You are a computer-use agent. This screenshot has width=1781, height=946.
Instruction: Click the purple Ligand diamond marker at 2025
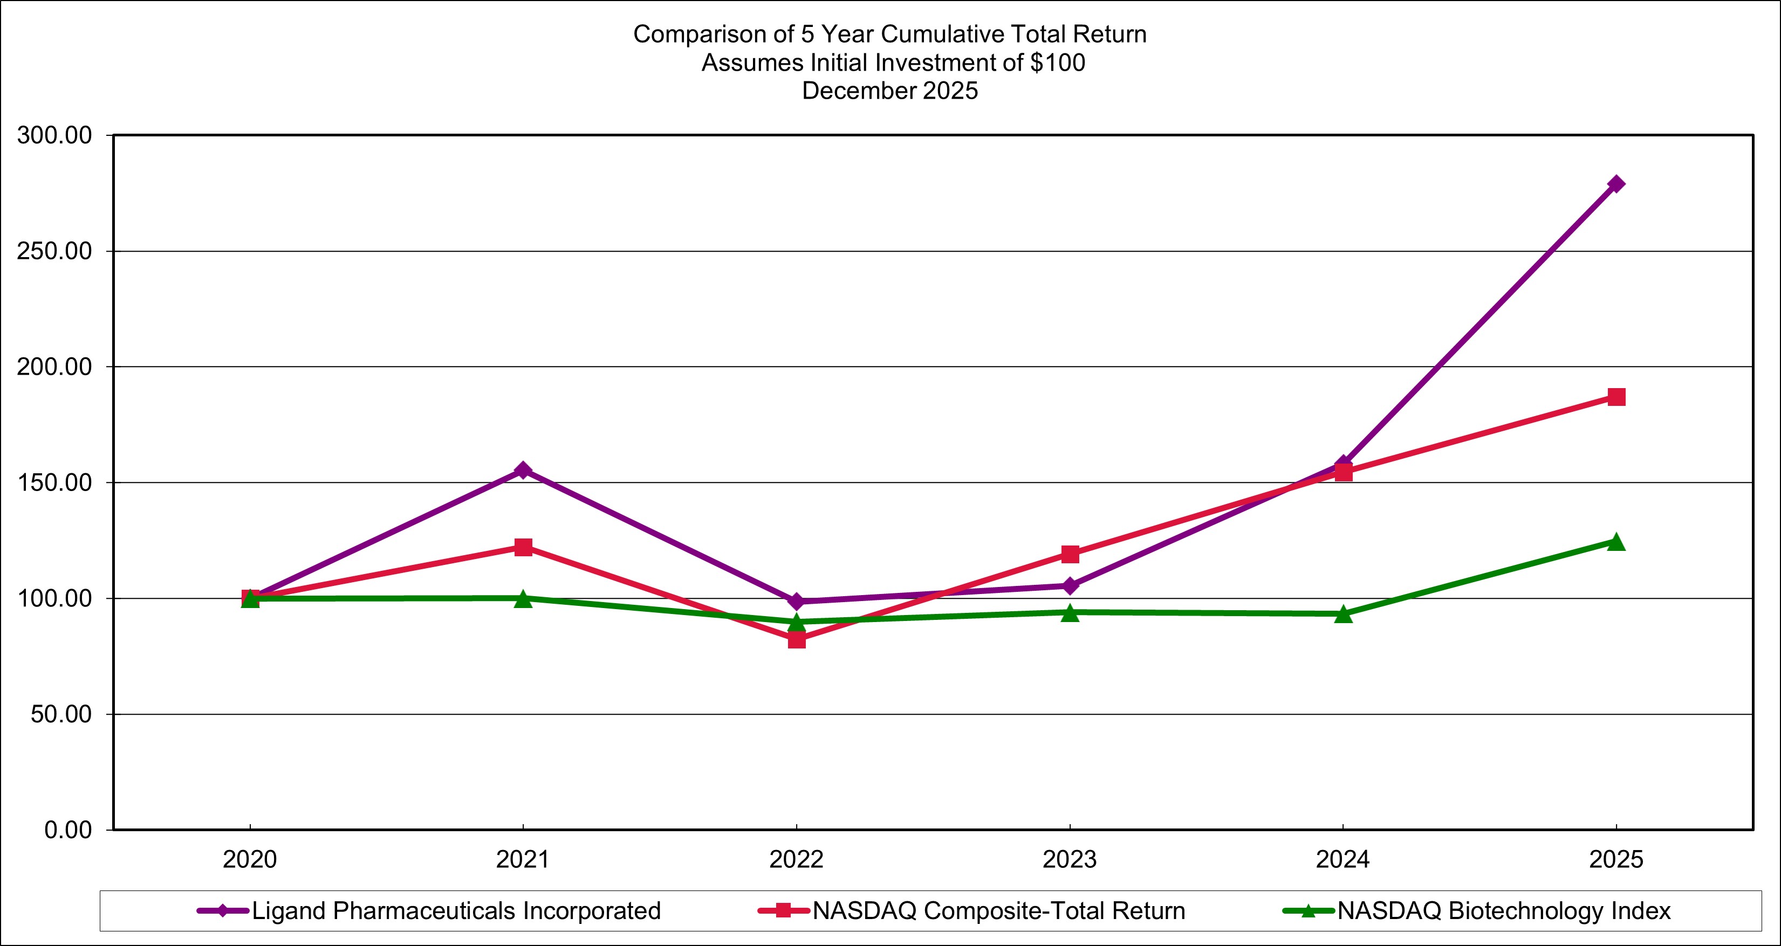[x=1616, y=184]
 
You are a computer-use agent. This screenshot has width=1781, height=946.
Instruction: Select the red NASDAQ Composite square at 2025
[x=1616, y=397]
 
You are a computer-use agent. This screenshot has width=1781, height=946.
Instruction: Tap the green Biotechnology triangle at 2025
[x=1616, y=542]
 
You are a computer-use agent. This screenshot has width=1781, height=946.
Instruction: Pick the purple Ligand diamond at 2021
[x=523, y=471]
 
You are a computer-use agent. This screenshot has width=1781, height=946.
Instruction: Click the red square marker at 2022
[x=797, y=639]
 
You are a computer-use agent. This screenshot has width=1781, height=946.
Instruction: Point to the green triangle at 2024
[x=1342, y=613]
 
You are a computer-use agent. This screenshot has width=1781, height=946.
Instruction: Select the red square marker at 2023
[x=1070, y=554]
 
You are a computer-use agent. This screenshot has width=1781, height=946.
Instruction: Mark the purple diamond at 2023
[x=1070, y=586]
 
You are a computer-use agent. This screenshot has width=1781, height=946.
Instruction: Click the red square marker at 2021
[x=523, y=547]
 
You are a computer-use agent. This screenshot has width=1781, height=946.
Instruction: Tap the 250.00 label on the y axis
[x=54, y=252]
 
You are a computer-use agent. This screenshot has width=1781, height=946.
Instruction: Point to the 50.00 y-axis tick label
[x=61, y=715]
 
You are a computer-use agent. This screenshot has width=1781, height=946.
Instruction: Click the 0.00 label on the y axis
[x=68, y=830]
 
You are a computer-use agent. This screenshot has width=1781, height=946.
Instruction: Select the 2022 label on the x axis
[x=797, y=860]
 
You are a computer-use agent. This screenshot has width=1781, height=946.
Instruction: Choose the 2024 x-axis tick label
[x=1342, y=860]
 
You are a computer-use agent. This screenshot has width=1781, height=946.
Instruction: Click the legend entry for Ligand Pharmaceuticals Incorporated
[x=456, y=911]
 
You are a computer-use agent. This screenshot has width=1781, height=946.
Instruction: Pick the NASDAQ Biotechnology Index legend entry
[x=1504, y=911]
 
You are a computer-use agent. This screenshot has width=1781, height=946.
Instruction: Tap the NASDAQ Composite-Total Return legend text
[x=998, y=911]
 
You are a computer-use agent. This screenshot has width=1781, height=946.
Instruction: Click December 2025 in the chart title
[x=890, y=91]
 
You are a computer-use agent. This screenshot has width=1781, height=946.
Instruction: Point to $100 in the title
[x=1057, y=63]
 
